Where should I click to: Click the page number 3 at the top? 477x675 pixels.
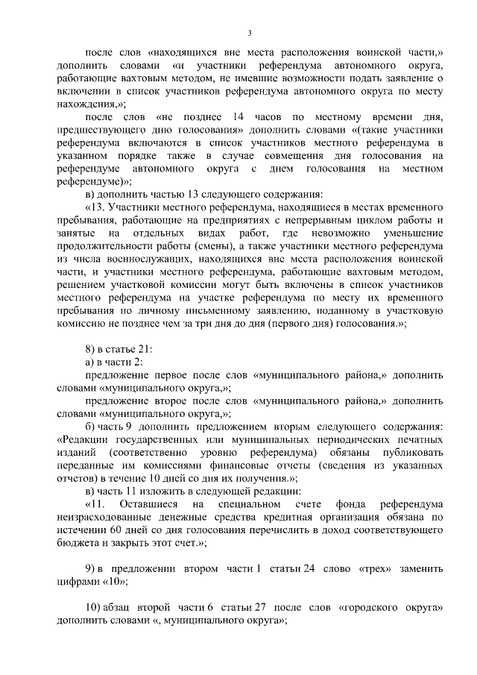[x=250, y=33]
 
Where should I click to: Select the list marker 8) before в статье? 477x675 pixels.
[x=90, y=349]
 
